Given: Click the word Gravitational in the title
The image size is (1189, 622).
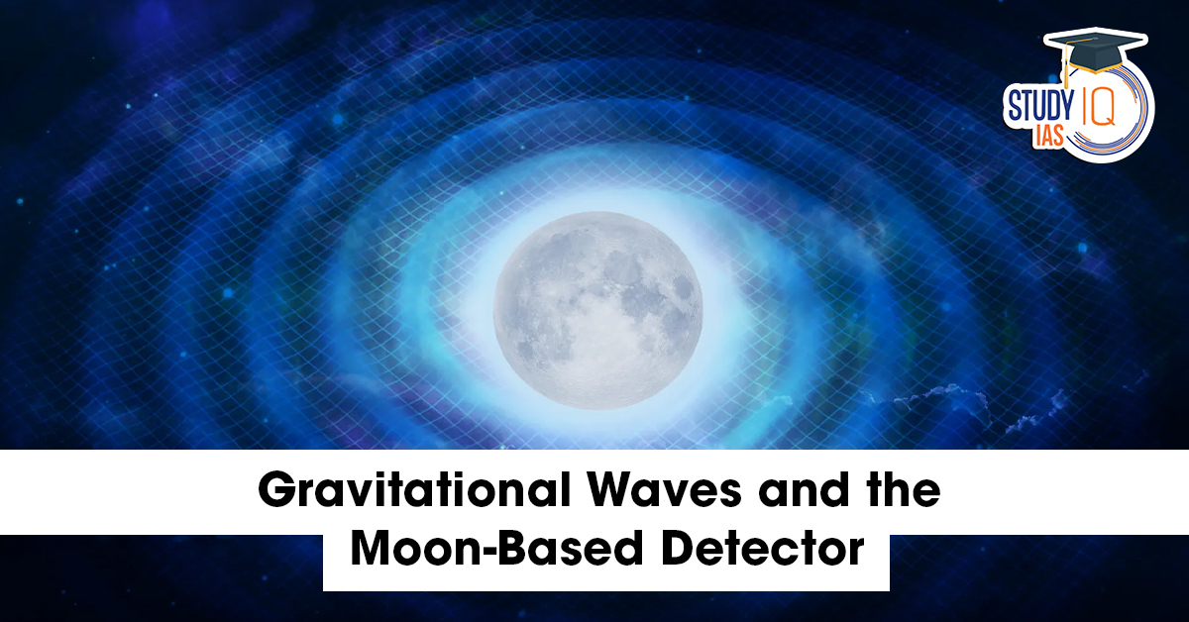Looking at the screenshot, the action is click(414, 491).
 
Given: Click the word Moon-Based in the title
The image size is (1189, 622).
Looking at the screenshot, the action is click(497, 550).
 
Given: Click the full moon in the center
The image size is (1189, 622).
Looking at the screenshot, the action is click(598, 310).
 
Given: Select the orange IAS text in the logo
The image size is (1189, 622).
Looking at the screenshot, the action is click(1048, 137).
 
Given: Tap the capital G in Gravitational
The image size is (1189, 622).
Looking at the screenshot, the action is click(276, 491).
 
